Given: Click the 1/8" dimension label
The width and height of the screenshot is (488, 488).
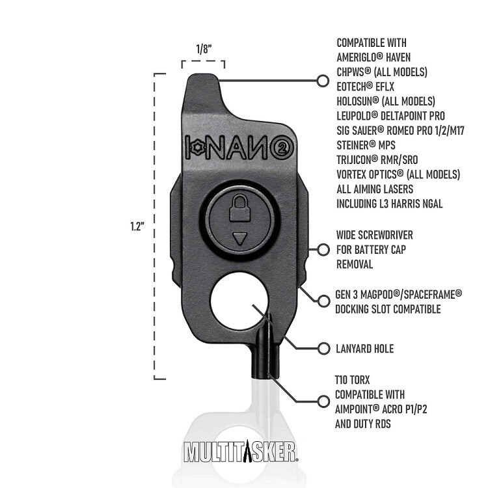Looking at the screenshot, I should coord(203,49).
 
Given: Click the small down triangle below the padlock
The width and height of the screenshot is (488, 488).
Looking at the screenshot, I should coord(241,239).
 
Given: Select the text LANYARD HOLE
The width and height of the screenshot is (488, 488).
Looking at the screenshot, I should coord(365,349).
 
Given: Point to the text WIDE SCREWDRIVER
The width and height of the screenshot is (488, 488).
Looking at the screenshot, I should coord(374,235).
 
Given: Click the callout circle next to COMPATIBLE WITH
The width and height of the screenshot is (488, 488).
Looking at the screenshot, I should coord(322,81).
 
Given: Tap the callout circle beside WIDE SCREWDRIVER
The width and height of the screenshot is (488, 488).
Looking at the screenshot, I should coord(322,249).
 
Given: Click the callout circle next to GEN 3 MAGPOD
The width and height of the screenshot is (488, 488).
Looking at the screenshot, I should coord(322,302).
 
